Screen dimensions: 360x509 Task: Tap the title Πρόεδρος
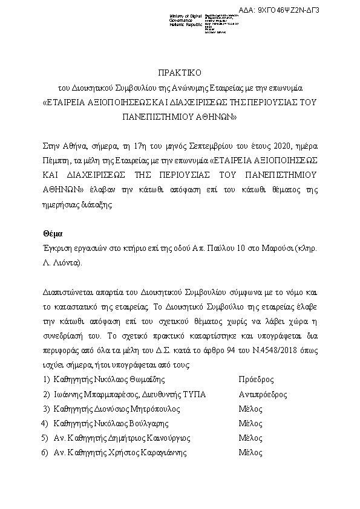click(256, 380)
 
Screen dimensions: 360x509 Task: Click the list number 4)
click(44, 424)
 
